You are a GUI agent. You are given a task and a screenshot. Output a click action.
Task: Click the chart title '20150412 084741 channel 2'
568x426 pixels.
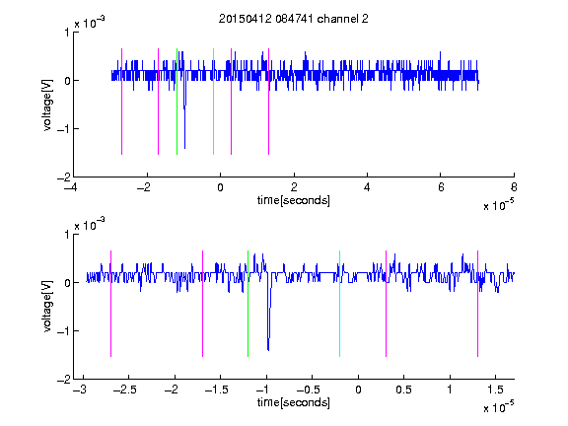click(x=294, y=19)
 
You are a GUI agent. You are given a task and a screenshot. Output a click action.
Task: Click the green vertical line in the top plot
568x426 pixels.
click(x=177, y=102)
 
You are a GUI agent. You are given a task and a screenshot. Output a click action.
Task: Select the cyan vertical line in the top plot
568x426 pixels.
click(x=213, y=102)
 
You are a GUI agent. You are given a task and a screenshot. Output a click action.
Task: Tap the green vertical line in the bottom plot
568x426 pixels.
click(x=248, y=304)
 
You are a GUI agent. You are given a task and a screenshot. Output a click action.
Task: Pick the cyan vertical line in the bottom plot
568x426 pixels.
click(x=339, y=304)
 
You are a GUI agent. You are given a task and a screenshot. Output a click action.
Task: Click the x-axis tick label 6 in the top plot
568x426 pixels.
click(x=441, y=187)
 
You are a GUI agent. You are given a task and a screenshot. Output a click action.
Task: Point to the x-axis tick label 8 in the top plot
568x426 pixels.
click(x=514, y=187)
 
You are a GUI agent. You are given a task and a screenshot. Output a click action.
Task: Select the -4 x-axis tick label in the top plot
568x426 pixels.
click(x=70, y=187)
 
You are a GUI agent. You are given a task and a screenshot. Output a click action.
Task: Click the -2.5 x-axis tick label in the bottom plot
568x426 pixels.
click(x=124, y=390)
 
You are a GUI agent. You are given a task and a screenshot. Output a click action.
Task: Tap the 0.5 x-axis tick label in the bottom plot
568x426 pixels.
click(x=403, y=390)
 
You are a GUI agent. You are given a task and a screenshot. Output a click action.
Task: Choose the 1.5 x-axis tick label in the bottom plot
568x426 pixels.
click(x=495, y=390)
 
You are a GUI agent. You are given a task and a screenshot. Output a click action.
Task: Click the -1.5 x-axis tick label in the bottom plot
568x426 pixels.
click(x=216, y=390)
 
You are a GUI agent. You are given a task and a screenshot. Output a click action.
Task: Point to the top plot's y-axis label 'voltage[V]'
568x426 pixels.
click(x=47, y=105)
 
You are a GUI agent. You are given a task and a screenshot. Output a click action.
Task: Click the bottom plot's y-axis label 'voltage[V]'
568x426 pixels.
click(x=47, y=307)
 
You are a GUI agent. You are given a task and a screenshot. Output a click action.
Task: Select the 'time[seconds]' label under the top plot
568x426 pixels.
click(x=294, y=200)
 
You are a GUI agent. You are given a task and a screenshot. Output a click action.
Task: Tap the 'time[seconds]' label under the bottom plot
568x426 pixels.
click(x=294, y=402)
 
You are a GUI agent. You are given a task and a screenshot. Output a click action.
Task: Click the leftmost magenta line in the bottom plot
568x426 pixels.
click(x=110, y=304)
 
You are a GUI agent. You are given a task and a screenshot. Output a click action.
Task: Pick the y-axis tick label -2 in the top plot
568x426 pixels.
click(x=64, y=177)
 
